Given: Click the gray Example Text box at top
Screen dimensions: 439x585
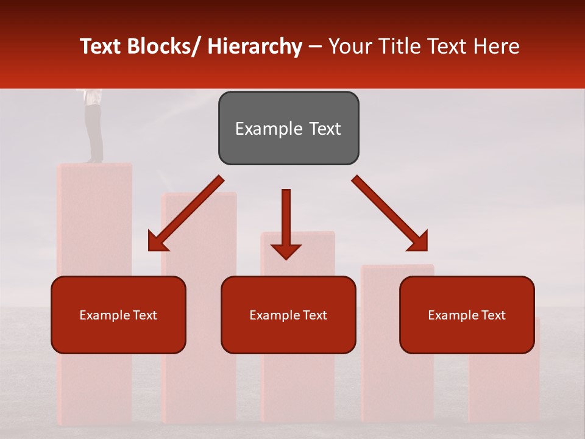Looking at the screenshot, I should click(288, 128).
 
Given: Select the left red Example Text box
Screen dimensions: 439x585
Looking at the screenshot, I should click(118, 315).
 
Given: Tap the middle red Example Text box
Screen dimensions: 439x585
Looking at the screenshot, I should click(288, 315).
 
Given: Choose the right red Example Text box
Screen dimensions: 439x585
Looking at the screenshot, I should click(467, 315).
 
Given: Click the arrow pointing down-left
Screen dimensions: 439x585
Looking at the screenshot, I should click(185, 214).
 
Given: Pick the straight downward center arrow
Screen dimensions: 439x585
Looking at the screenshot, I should click(286, 223).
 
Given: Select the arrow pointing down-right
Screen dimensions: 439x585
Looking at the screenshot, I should click(390, 214).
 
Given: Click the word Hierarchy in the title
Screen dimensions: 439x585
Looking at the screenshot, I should click(254, 46).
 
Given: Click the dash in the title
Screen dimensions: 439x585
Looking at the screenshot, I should click(314, 46).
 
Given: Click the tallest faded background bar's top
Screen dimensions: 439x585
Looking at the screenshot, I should click(94, 166).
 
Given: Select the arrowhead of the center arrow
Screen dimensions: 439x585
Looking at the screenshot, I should click(286, 251).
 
